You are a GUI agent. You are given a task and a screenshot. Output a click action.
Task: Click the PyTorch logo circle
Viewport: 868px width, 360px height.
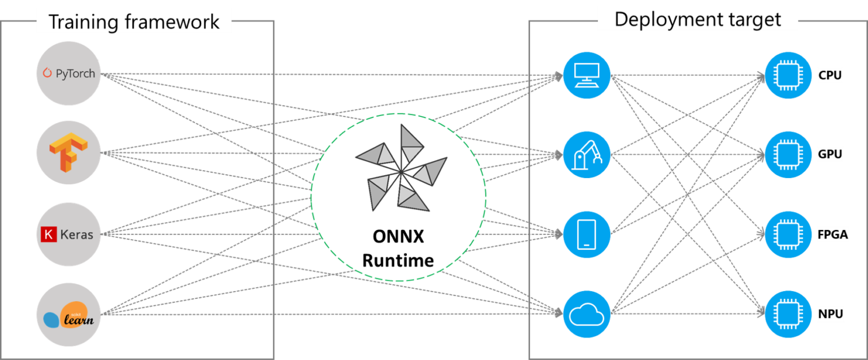click(x=68, y=73)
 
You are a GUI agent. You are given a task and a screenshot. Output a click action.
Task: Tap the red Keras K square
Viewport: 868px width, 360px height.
click(x=49, y=235)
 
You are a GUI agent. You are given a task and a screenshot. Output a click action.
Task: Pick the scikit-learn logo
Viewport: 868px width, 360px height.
click(x=68, y=315)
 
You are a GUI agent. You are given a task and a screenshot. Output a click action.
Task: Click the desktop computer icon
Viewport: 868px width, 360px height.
click(x=587, y=75)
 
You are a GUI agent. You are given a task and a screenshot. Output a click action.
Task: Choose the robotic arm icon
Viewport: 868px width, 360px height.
click(x=587, y=155)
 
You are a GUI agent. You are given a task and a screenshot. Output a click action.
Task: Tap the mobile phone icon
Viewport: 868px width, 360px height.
click(x=587, y=235)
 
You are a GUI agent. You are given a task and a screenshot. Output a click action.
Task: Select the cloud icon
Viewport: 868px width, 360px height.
click(x=587, y=314)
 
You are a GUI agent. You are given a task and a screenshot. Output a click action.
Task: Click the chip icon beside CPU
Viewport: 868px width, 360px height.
click(x=788, y=75)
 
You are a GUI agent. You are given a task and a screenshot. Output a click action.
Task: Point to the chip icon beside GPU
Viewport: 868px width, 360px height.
click(x=788, y=155)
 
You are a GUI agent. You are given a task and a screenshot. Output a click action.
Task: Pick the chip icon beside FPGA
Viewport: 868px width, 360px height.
click(x=788, y=235)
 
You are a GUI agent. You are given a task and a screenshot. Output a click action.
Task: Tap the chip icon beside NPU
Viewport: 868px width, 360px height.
click(x=788, y=314)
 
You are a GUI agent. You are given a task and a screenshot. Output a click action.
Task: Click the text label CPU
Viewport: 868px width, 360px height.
click(x=830, y=75)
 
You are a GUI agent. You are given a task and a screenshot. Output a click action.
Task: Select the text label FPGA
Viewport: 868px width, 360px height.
click(x=833, y=235)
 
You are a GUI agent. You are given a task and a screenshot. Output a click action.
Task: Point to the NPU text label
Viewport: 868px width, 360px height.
click(x=830, y=314)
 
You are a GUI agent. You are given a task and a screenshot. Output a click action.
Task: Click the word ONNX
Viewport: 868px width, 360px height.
click(x=398, y=236)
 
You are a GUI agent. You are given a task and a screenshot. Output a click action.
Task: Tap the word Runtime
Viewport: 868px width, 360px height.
click(x=398, y=261)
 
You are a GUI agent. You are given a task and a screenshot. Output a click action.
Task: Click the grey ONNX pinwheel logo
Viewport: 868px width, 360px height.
click(x=401, y=168)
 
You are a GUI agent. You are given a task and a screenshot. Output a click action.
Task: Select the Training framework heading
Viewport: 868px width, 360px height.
click(x=134, y=21)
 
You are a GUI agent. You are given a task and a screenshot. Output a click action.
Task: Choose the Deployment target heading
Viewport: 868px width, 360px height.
click(x=698, y=19)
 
